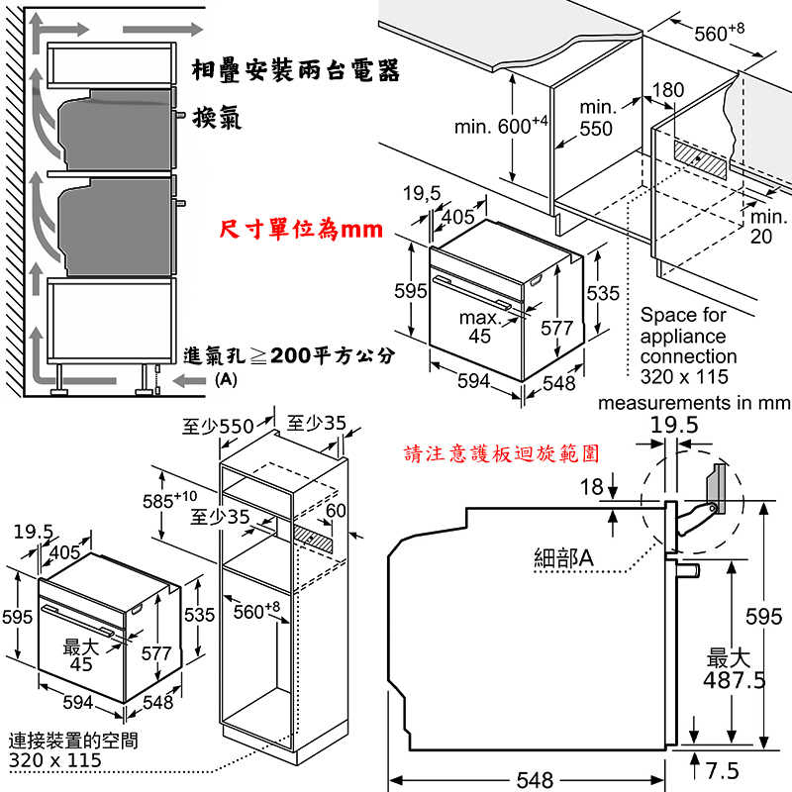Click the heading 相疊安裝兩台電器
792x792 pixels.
pos(296,72)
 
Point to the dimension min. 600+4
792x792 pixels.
pos(500,127)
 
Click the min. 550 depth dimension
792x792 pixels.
pos(597,118)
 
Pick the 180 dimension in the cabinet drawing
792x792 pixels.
pos(668,90)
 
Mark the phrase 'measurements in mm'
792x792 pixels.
pos(694,403)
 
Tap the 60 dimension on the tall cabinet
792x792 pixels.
pos(336,510)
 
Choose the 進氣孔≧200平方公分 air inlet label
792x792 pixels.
pos(289,355)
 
